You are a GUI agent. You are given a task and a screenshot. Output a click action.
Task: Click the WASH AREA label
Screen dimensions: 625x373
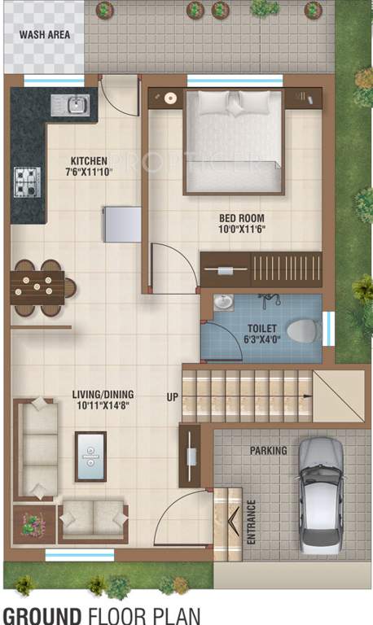point(44,35)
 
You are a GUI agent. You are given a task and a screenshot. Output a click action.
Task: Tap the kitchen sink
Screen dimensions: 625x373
point(70,105)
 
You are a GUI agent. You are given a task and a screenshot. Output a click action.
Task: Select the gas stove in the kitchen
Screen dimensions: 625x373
point(26,181)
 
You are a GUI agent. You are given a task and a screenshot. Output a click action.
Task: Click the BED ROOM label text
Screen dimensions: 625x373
point(242,218)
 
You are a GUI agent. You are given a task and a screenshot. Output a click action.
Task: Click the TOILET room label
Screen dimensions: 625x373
point(262,330)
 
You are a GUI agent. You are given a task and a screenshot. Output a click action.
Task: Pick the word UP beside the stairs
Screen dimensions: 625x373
point(172,396)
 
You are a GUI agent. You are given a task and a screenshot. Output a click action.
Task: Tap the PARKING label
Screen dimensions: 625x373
point(268,450)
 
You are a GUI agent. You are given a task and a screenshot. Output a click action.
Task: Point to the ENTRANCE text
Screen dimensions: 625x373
point(252,522)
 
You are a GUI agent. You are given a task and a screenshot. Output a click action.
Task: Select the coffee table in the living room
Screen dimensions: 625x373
point(90,456)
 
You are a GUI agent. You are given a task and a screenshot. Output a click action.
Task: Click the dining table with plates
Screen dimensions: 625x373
point(37,287)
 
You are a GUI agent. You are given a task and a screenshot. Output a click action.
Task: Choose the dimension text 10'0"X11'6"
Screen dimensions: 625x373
point(243,231)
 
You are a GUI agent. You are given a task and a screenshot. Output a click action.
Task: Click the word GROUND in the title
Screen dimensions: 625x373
point(41,614)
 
